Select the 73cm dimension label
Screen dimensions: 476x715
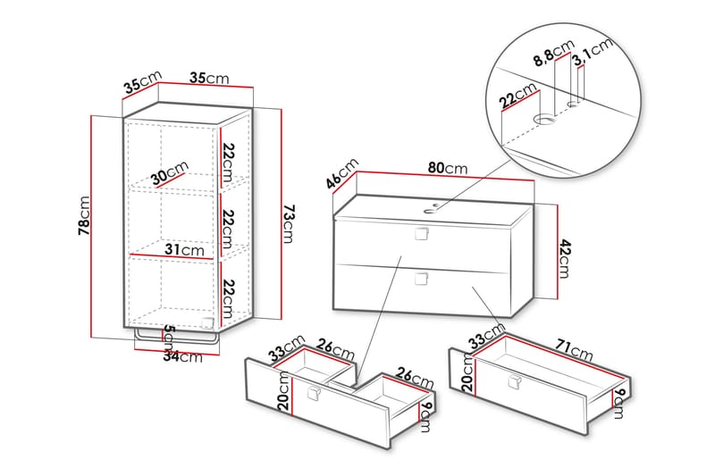[x=288, y=224]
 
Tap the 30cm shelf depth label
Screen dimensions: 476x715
[x=170, y=173]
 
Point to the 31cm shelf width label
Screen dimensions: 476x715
[x=184, y=251]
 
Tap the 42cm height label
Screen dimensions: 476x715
[x=563, y=258]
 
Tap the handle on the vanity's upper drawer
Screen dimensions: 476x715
[x=420, y=235]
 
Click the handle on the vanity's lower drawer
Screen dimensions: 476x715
[x=420, y=279]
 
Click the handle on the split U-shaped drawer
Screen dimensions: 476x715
[x=314, y=395]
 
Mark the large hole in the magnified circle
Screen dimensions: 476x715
[x=544, y=120]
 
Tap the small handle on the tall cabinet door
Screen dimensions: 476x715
[x=209, y=320]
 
